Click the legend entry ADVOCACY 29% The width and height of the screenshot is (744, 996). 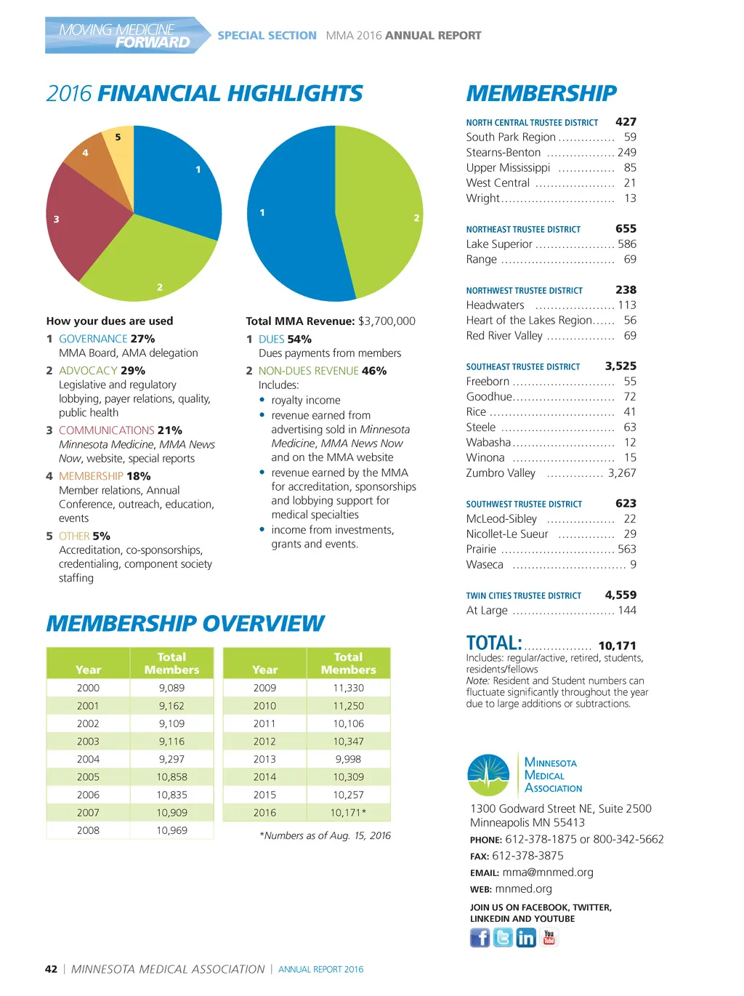click(x=102, y=371)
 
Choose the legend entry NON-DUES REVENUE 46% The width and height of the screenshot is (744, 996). click(x=322, y=371)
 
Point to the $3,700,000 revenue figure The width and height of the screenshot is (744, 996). click(x=387, y=321)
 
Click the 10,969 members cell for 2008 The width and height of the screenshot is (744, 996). click(x=171, y=830)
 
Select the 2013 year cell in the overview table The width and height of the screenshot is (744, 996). click(x=264, y=759)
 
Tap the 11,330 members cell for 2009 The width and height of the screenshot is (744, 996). click(x=348, y=688)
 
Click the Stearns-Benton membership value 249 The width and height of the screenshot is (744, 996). click(x=626, y=153)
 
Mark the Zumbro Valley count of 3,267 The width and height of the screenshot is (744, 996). click(x=622, y=473)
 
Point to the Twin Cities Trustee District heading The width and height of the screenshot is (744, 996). click(x=523, y=596)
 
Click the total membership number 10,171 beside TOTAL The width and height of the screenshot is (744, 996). click(x=617, y=646)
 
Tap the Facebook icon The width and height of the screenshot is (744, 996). click(x=480, y=938)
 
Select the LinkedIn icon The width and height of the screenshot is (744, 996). click(x=525, y=938)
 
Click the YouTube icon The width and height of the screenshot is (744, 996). click(x=549, y=938)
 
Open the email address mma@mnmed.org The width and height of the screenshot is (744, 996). click(x=548, y=872)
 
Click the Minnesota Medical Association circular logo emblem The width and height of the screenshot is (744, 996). click(x=488, y=775)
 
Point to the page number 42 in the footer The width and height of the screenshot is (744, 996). click(x=51, y=969)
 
